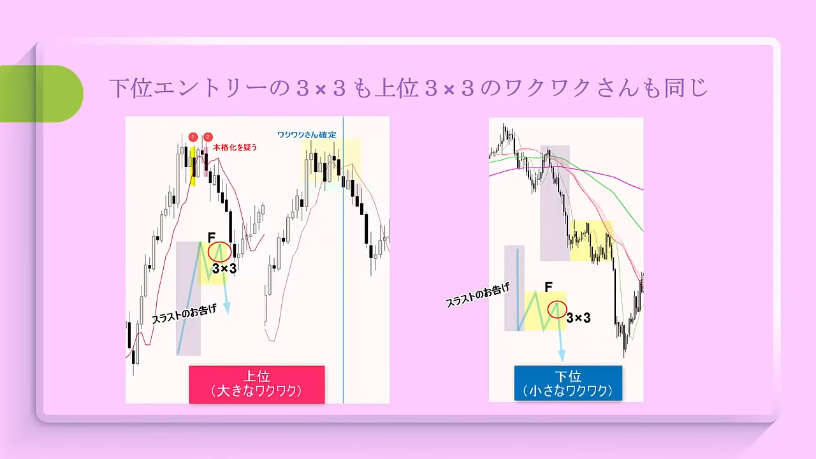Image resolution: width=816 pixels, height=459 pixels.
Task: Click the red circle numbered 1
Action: pos(193,137)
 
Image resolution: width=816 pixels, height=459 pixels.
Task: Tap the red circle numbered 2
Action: pos(208,137)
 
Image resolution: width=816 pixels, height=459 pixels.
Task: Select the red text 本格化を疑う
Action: pos(235,147)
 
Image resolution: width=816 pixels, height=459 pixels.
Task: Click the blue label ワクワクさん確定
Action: pos(307,135)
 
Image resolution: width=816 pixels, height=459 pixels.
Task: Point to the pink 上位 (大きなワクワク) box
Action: pos(257,384)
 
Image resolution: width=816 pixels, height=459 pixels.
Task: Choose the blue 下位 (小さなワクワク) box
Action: pos(568,383)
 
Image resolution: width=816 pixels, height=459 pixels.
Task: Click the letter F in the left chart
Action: pos(211,237)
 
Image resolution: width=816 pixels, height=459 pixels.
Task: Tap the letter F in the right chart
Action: pos(548,287)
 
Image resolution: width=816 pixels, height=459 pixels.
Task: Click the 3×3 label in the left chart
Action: pos(224,268)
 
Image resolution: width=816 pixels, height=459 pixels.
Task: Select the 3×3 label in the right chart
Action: pos(578,317)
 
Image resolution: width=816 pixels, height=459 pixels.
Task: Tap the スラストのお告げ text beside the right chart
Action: pos(477,295)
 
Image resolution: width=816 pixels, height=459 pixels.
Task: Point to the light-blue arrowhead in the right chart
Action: pos(562,355)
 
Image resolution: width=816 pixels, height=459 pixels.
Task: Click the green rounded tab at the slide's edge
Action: pos(41,94)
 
